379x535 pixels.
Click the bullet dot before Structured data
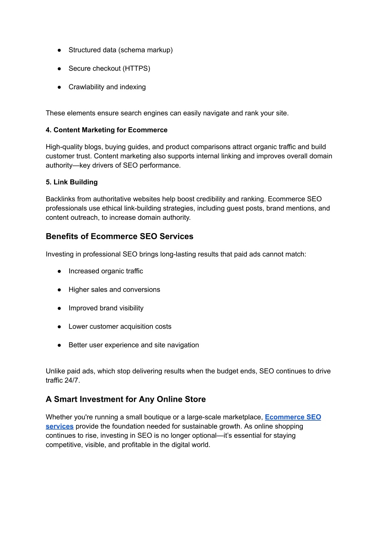click(x=59, y=50)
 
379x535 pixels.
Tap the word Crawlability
click(x=86, y=87)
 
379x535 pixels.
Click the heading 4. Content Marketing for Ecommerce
click(x=107, y=130)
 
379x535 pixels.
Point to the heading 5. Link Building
click(x=72, y=182)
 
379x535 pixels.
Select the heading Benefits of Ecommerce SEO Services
click(x=120, y=236)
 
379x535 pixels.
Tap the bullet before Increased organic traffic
click(x=59, y=271)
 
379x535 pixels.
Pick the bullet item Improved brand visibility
click(x=106, y=308)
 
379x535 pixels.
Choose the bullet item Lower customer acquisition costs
click(x=120, y=327)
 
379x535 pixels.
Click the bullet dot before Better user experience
click(x=59, y=345)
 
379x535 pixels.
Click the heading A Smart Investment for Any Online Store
click(x=126, y=399)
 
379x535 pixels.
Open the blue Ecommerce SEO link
click(x=293, y=417)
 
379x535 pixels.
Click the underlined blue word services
click(x=60, y=426)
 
